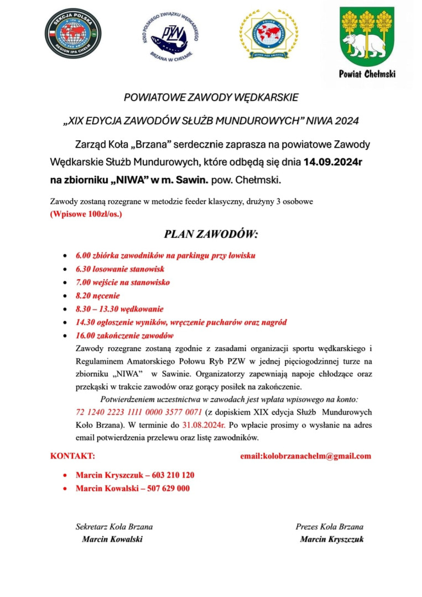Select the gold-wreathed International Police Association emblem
268,34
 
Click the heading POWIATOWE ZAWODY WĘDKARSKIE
211,98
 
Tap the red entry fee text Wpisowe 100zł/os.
86,213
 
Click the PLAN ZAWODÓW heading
211,234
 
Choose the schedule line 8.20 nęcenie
97,296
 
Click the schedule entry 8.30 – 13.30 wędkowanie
119,309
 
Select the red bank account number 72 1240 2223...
138,412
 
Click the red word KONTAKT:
72,457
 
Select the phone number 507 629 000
168,489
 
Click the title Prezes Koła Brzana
330,527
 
